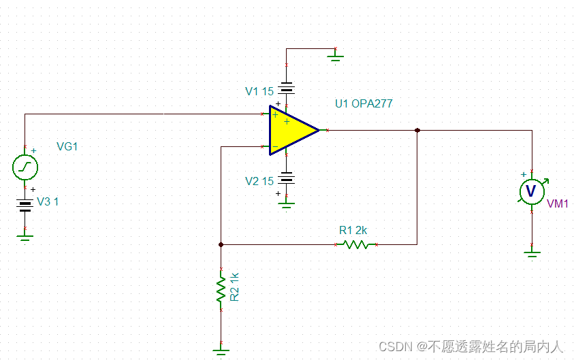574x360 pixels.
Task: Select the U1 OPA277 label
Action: click(364, 104)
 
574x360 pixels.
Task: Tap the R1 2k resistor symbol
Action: click(355, 244)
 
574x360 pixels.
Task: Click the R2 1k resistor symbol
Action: click(221, 289)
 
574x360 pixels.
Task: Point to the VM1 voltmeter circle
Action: click(532, 191)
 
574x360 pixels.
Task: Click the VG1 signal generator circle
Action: click(25, 167)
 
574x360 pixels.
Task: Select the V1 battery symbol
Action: click(287, 88)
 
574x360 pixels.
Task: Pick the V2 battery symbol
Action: click(287, 178)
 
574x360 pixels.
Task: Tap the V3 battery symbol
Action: click(25, 204)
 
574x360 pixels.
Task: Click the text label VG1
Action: click(68, 146)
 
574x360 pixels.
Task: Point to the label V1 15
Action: click(259, 91)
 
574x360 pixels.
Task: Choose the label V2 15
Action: click(259, 181)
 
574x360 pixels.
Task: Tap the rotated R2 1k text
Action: click(235, 287)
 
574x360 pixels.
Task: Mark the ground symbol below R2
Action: click(221, 350)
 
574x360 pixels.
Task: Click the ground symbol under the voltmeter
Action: click(532, 254)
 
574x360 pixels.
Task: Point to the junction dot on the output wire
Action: click(417, 130)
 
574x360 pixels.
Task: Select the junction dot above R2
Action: click(221, 244)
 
